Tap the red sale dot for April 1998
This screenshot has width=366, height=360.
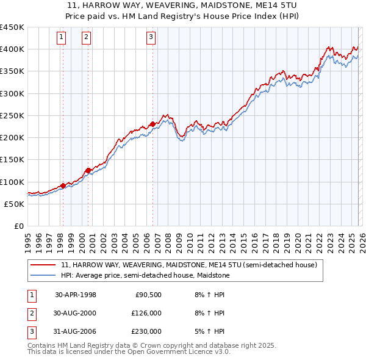(x=63, y=186)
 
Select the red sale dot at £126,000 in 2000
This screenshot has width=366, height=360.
(x=88, y=170)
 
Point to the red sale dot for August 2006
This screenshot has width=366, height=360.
(x=152, y=124)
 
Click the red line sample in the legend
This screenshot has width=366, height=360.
(x=42, y=265)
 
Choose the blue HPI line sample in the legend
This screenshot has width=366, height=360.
(x=42, y=275)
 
